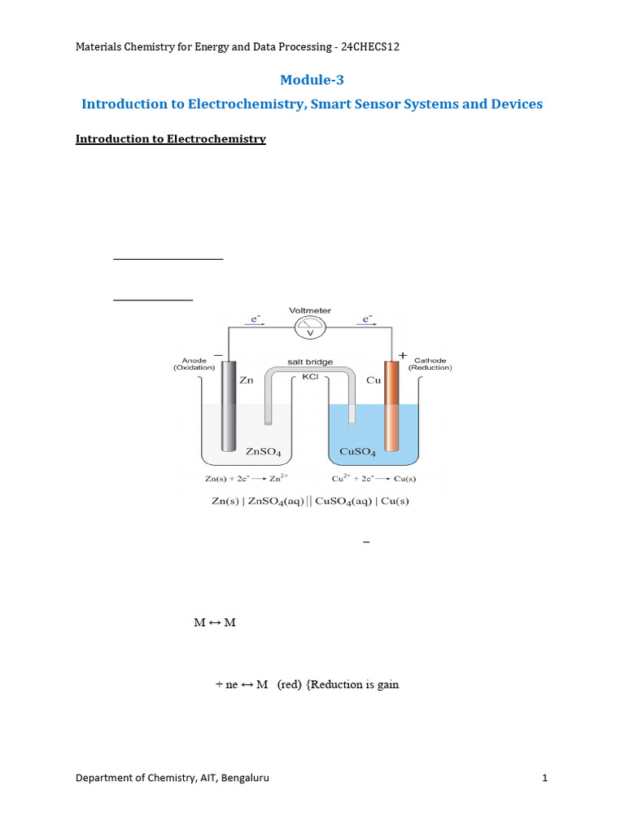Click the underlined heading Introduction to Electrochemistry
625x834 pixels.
pos(171,139)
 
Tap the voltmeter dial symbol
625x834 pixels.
pos(309,329)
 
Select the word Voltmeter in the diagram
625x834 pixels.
pos(309,310)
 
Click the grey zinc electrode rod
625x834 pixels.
pos(229,407)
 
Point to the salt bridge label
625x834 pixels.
pos(310,361)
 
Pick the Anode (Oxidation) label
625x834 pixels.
pos(194,363)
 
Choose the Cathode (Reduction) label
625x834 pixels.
pos(430,363)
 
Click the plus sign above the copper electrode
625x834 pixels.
pos(402,355)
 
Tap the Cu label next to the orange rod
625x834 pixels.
pos(374,380)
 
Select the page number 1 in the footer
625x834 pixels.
pos(545,778)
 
